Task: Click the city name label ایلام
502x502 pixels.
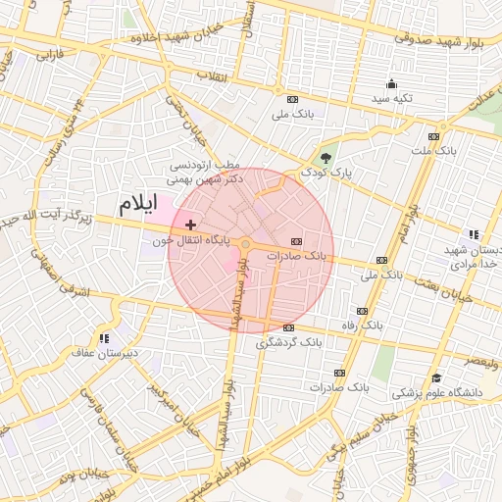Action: (x=137, y=205)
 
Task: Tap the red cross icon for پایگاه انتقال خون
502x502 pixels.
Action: (x=190, y=225)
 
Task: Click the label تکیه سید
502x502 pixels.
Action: (x=391, y=99)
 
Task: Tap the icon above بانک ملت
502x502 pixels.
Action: (x=433, y=136)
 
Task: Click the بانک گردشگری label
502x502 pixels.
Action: (x=288, y=343)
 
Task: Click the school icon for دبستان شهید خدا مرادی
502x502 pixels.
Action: (x=474, y=234)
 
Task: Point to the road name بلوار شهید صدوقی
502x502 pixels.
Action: (x=438, y=37)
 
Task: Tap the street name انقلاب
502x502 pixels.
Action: (x=211, y=75)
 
